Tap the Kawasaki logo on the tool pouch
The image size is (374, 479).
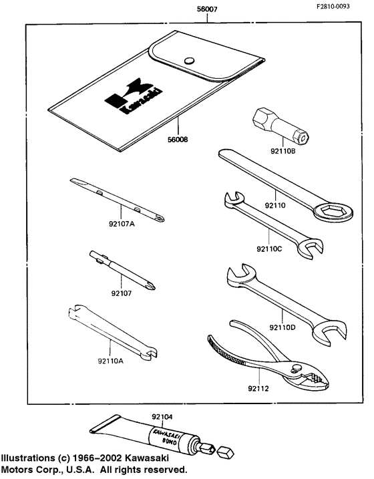(x=130, y=100)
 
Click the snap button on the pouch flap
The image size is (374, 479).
(x=190, y=59)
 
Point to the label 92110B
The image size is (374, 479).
(x=283, y=152)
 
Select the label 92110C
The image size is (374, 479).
(x=270, y=249)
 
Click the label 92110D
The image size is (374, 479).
(x=283, y=327)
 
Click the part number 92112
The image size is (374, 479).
(x=258, y=387)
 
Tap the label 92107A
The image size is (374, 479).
(x=122, y=224)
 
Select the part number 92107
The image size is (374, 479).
(x=122, y=293)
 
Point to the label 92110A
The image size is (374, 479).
(x=110, y=361)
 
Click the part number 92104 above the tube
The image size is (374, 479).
(x=162, y=416)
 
